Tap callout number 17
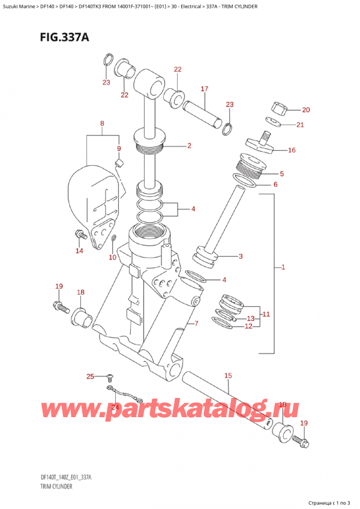[204, 89]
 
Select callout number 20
[306, 110]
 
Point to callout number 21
[300, 125]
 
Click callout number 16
[292, 150]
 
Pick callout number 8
[102, 124]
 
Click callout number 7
[196, 324]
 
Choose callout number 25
[90, 376]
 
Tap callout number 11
[266, 314]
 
